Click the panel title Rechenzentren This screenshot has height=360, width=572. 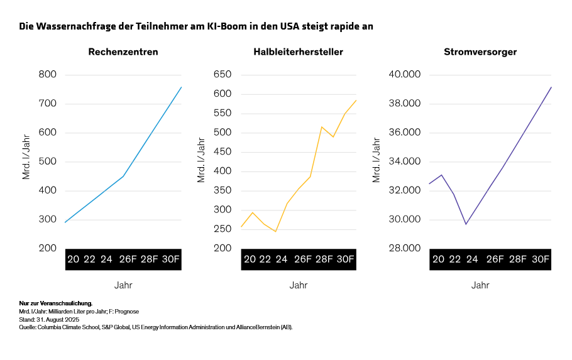[x=123, y=52]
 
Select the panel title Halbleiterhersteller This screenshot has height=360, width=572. [x=298, y=52]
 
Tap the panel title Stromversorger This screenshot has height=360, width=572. [x=480, y=52]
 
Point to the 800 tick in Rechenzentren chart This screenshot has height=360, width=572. [x=47, y=75]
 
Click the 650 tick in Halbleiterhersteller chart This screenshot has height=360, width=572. [x=223, y=75]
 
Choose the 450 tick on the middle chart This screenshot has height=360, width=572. [x=223, y=152]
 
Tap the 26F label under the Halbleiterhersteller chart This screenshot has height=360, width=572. [x=303, y=259]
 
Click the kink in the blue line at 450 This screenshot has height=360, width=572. [x=123, y=177]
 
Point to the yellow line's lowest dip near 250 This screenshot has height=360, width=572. [x=275, y=231]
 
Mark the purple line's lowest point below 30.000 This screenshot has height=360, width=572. [x=466, y=224]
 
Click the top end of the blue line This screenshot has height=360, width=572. [x=181, y=87]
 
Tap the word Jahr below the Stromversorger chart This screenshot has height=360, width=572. [x=480, y=285]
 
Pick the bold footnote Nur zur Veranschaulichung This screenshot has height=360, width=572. [x=56, y=303]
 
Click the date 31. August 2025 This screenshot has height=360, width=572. [x=58, y=319]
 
